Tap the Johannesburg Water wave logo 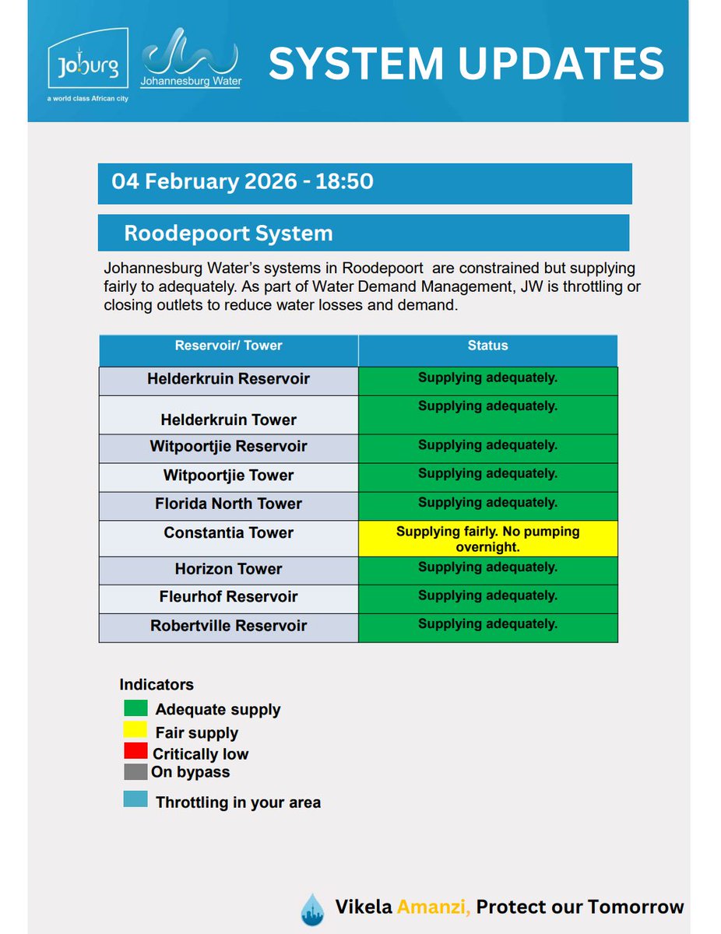coord(190,58)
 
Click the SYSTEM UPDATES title coord(466,64)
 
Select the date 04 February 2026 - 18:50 coord(242,182)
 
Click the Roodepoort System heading coord(228,233)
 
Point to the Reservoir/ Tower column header coord(228,346)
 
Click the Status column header coord(487,346)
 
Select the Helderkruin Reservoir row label coord(228,379)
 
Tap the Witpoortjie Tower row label coord(228,476)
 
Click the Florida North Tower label coord(228,504)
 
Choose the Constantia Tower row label coord(228,533)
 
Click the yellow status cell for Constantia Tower coord(487,539)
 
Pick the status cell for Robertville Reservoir coord(487,627)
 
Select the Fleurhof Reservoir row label coord(228,597)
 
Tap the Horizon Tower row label coord(228,569)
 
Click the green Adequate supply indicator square coord(135,708)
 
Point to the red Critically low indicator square coord(135,751)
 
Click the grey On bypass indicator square coord(135,771)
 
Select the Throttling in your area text coord(237,802)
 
